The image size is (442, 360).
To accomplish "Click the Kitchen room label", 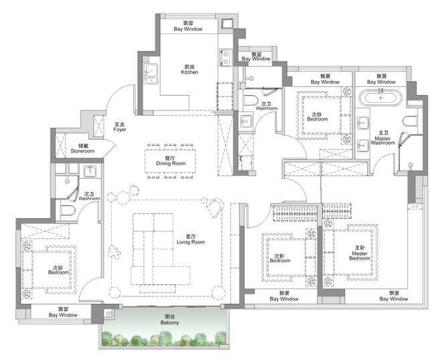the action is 190,70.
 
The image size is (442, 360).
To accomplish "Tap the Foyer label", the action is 120,127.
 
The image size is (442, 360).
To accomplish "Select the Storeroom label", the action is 82,149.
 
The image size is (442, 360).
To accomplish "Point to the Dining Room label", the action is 171,161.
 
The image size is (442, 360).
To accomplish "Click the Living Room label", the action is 191,239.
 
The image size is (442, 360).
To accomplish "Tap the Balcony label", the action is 169,320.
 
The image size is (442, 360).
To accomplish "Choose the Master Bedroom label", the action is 360,253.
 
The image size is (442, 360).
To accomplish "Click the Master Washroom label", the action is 383,138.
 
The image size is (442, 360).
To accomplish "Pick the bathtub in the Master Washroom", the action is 380,98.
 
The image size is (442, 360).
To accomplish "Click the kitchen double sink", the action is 151,74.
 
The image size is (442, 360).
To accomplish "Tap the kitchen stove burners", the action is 226,58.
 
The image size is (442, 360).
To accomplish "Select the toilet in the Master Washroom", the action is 410,121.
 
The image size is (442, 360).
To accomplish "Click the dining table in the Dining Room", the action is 171,161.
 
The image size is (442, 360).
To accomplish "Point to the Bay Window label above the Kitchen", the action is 188,26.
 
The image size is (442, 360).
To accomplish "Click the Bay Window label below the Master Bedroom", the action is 394,296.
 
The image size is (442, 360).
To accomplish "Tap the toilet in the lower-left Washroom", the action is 68,210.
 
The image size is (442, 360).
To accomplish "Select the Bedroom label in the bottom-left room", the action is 58,270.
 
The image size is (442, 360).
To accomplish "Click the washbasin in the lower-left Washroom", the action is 90,171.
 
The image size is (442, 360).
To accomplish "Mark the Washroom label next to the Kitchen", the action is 267,106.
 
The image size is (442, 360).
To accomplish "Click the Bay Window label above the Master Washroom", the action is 382,79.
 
